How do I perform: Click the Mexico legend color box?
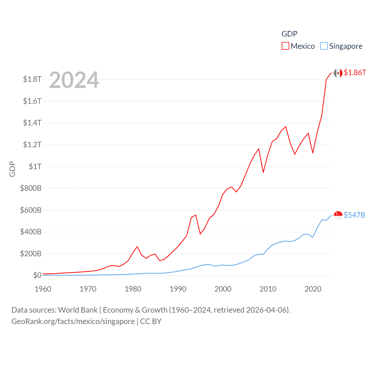click(285, 46)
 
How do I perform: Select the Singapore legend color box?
click(324, 46)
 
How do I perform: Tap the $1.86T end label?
click(355, 72)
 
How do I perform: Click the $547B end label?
click(354, 215)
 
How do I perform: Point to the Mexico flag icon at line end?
click(338, 73)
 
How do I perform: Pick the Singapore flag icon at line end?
click(338, 215)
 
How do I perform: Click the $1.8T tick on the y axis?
click(32, 79)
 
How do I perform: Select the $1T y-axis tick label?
click(35, 167)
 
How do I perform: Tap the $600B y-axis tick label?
click(31, 210)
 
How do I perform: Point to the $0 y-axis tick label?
click(37, 275)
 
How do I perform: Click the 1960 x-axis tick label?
click(43, 289)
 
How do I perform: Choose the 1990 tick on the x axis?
click(178, 289)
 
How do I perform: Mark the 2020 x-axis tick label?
click(313, 289)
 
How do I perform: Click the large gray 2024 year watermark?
click(74, 80)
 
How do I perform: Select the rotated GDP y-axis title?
click(12, 169)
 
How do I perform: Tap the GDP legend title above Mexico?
click(289, 34)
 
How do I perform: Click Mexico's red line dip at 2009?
click(263, 172)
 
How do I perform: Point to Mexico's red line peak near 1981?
click(137, 247)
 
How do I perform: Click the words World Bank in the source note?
click(78, 310)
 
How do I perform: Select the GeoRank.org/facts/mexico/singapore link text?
click(73, 321)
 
